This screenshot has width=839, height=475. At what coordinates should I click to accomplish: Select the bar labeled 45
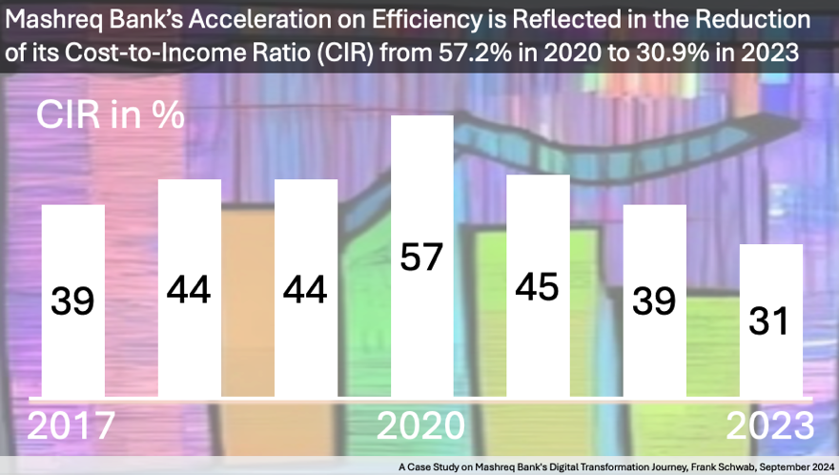point(538,286)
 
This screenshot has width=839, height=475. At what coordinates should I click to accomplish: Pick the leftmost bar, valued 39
point(72,300)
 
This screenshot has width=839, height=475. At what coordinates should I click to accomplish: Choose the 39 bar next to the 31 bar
point(654,300)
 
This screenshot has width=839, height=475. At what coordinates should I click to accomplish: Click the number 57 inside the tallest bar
point(421,258)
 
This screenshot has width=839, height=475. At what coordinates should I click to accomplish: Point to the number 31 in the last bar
point(770,321)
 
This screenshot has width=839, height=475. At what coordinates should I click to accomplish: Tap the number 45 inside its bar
point(538,286)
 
